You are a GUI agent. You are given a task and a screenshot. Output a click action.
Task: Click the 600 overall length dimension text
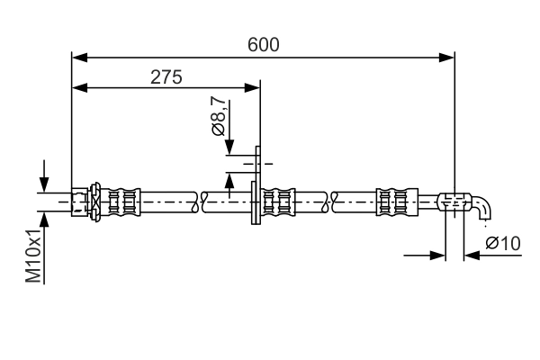pyautogui.click(x=264, y=43)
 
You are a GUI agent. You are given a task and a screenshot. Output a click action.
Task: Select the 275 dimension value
pyautogui.click(x=166, y=76)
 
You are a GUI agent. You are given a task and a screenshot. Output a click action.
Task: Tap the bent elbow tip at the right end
pyautogui.click(x=484, y=208)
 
